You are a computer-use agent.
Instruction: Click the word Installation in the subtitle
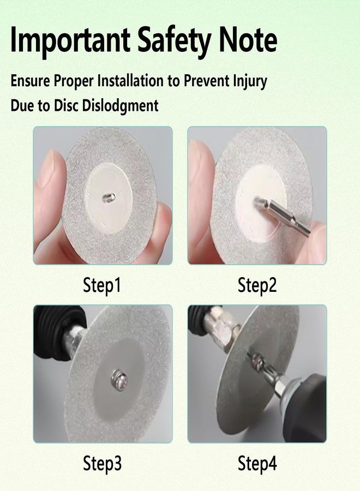pyautogui.click(x=130, y=81)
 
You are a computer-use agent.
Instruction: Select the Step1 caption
pyautogui.click(x=102, y=285)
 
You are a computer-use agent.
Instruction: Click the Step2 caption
pyautogui.click(x=257, y=285)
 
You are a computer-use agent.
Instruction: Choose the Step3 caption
pyautogui.click(x=102, y=463)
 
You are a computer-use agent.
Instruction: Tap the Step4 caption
pyautogui.click(x=257, y=463)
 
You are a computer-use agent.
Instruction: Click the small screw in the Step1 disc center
pyautogui.click(x=109, y=197)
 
